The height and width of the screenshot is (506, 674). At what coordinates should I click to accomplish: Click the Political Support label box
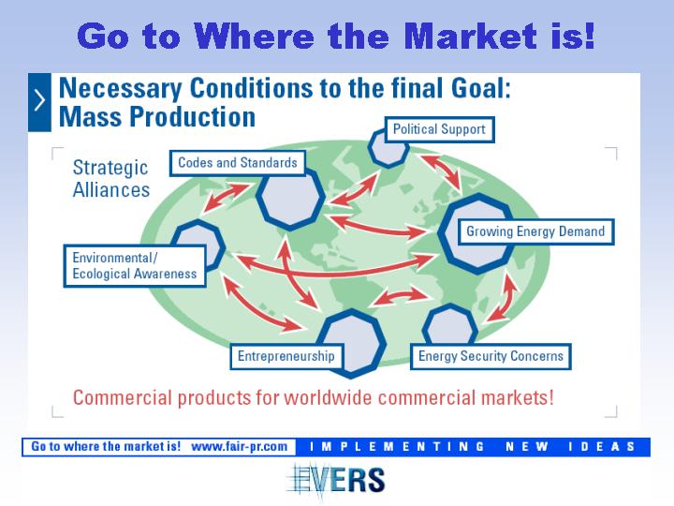439,129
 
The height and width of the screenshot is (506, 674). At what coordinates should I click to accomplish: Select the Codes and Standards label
238,163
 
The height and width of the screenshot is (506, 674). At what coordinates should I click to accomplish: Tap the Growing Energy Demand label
535,232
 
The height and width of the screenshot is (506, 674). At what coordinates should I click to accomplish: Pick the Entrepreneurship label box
286,356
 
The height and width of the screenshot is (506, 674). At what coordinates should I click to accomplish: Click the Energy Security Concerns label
491,356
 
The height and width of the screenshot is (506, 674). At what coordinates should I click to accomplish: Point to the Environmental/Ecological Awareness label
135,266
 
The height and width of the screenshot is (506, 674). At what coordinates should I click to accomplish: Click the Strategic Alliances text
110,179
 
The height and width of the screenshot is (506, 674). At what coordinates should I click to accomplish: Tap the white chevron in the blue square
39,101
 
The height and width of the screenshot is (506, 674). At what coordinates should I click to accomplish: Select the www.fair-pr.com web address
239,447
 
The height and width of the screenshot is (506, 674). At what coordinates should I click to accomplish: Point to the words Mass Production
157,117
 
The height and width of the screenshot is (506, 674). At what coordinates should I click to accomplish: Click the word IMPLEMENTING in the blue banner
397,447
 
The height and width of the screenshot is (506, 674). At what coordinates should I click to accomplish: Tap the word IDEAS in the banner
602,447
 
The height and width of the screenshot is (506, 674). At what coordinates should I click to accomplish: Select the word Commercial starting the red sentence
123,397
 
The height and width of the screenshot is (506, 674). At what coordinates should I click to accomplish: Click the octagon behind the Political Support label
388,148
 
